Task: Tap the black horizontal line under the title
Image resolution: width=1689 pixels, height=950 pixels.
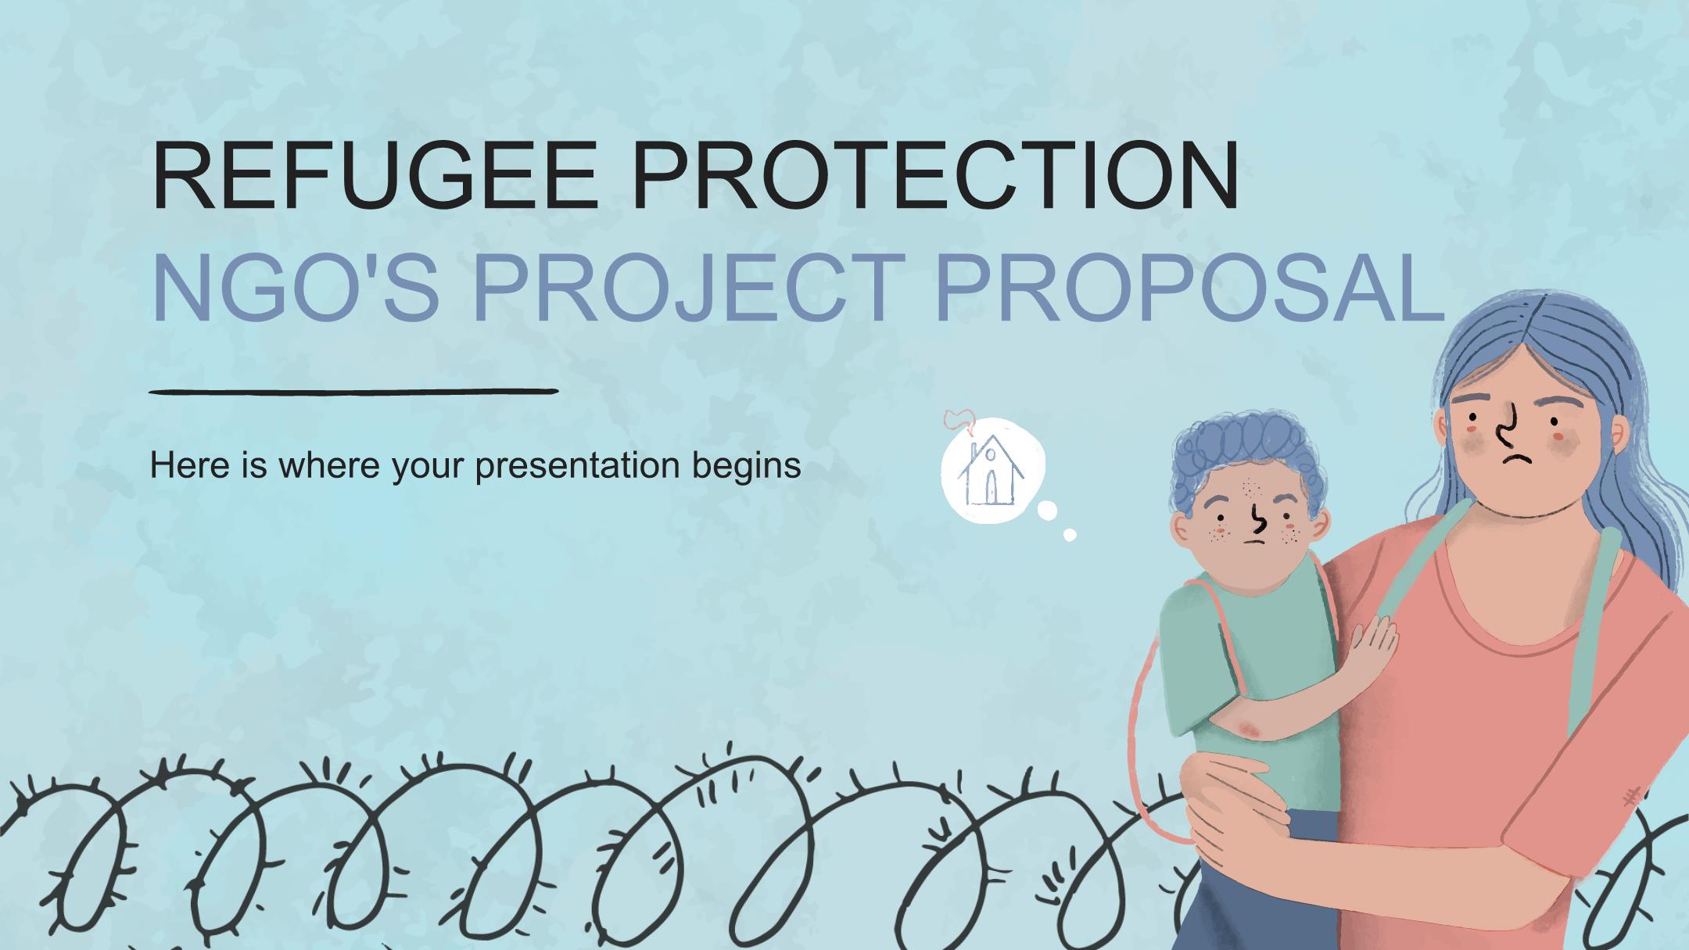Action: coord(353,391)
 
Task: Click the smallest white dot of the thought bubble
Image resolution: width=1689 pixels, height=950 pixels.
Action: coord(1070,535)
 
